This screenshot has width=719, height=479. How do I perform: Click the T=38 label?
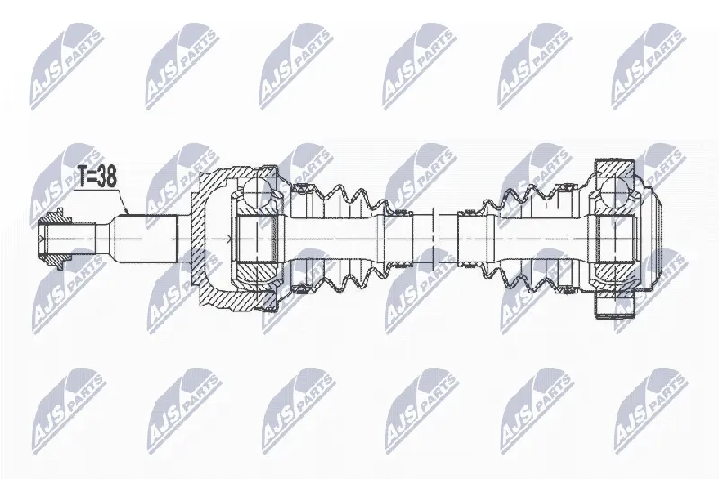pyautogui.click(x=97, y=177)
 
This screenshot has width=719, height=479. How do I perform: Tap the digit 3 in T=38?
pyautogui.click(x=101, y=177)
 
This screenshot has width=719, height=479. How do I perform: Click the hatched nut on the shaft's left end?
pyautogui.click(x=55, y=239)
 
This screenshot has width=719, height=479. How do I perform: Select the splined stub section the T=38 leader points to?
pyautogui.click(x=147, y=239)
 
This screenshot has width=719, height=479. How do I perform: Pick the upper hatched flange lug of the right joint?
pyautogui.click(x=615, y=169)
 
